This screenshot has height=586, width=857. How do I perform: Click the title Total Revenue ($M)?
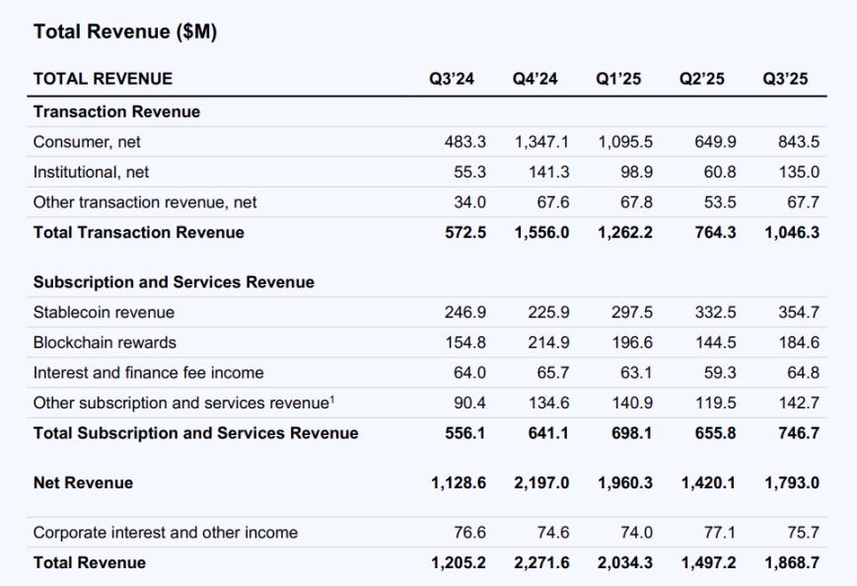(125, 33)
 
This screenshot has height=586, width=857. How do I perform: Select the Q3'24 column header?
(452, 79)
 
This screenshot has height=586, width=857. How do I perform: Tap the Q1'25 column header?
(618, 79)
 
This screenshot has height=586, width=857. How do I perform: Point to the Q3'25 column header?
(785, 79)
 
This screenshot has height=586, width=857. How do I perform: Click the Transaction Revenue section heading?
(116, 111)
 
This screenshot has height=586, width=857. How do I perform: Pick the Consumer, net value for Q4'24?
(541, 142)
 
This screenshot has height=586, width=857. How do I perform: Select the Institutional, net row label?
(91, 172)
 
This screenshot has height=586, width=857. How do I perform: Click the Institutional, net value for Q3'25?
(800, 172)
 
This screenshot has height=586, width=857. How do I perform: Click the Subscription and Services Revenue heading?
(174, 282)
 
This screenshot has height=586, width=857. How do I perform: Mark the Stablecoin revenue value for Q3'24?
(466, 313)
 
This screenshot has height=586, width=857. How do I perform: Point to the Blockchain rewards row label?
(105, 342)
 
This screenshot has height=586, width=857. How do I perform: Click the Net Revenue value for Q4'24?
(541, 482)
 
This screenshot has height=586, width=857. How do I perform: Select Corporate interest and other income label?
(165, 533)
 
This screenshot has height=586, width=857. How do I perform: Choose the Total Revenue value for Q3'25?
(791, 562)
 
